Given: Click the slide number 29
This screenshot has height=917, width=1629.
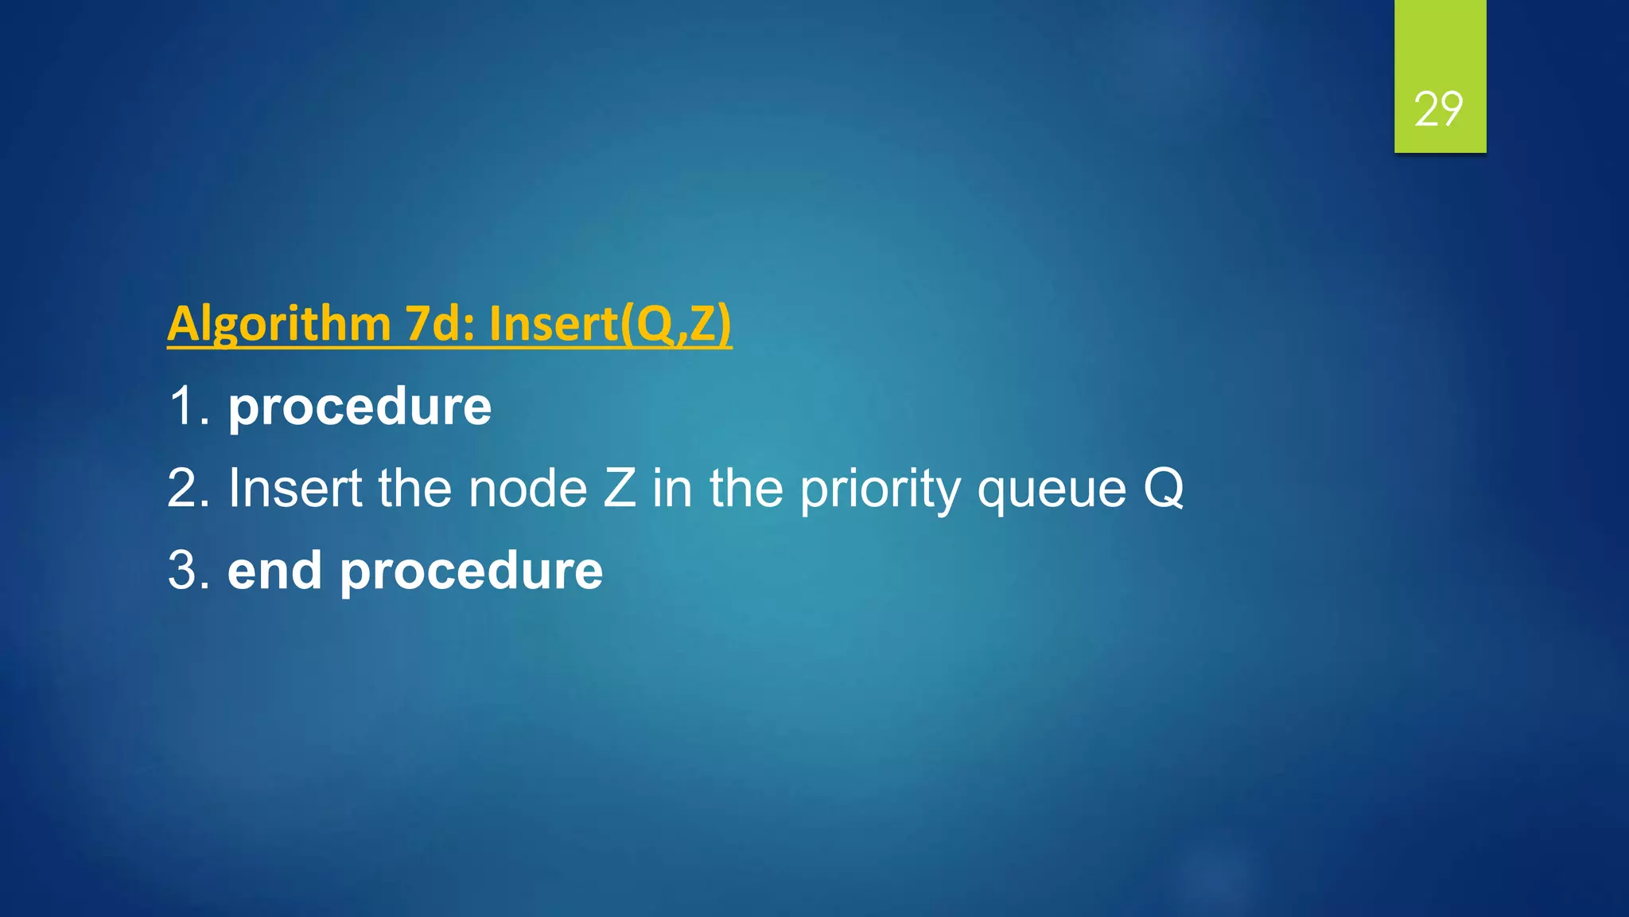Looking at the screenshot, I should point(1438,108).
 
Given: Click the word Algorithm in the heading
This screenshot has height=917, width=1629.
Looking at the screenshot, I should point(278,324).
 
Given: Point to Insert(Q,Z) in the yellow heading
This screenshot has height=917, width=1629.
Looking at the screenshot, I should point(610,324).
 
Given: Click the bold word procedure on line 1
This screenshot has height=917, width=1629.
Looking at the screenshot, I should point(360,408).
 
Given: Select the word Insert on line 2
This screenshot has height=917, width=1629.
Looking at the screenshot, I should point(295,488).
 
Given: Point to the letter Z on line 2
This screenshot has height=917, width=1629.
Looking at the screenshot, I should point(620,488).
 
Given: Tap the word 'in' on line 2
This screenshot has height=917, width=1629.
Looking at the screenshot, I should point(672,488).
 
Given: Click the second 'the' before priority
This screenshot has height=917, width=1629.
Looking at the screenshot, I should point(747,488).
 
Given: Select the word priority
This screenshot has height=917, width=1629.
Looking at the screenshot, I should point(881,490).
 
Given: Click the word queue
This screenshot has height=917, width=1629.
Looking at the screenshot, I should point(1052,490).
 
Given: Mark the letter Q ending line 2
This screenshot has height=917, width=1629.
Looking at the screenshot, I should point(1164,488).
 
